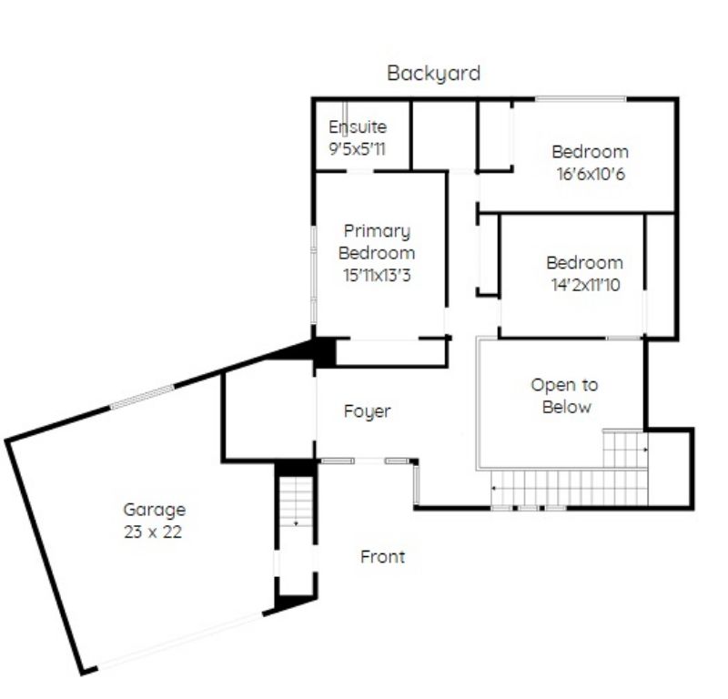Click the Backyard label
(x=434, y=74)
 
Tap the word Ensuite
(x=358, y=127)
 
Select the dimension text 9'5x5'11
(x=357, y=149)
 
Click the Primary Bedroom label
(x=377, y=242)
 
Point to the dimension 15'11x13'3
(x=377, y=276)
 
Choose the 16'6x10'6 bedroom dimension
(x=591, y=174)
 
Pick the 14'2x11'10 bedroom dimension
(x=585, y=285)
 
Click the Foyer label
(x=368, y=411)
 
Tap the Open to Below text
(x=565, y=396)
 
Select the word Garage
(x=155, y=510)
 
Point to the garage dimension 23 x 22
(x=153, y=532)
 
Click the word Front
(x=382, y=556)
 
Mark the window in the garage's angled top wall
(x=142, y=397)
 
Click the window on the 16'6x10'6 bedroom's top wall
(x=581, y=98)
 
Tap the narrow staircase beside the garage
(x=297, y=502)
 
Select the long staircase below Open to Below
(x=570, y=487)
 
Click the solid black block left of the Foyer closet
(x=325, y=353)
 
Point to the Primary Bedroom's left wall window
(x=314, y=275)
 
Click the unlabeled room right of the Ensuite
(x=444, y=135)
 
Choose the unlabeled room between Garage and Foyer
(x=269, y=411)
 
